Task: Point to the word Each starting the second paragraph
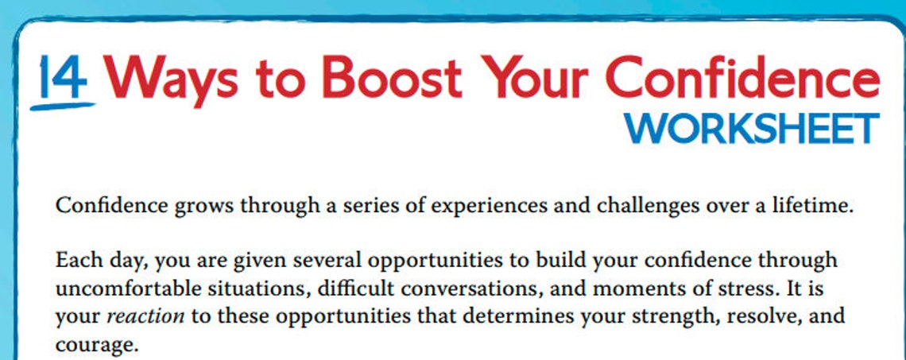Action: [75, 260]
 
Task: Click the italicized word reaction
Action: [145, 315]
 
